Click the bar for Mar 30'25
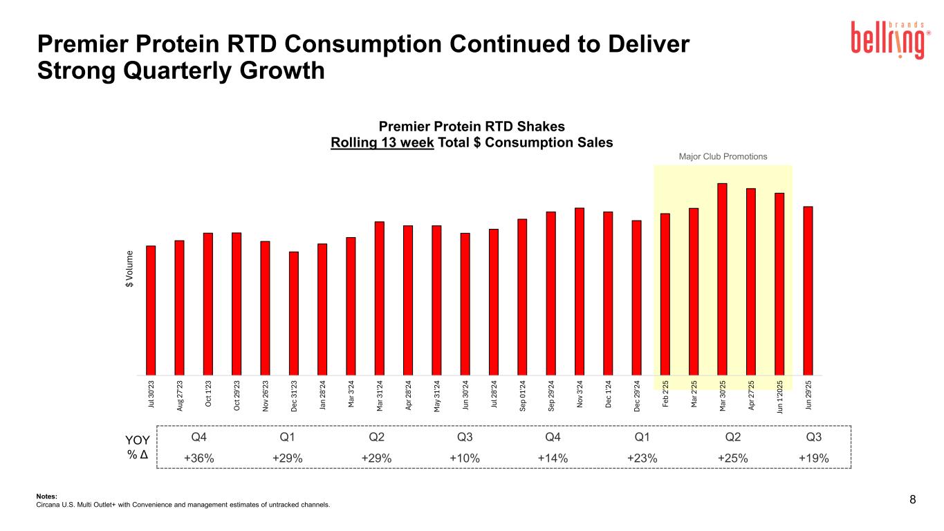[x=722, y=277]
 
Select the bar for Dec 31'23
[x=294, y=311]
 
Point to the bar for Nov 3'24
[x=580, y=290]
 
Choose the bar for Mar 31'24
[x=380, y=297]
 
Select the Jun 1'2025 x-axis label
[x=779, y=395]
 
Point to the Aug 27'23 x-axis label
[x=180, y=395]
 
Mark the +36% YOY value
[x=198, y=458]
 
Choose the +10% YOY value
[x=465, y=458]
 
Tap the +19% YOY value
[x=814, y=458]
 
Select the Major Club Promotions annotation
[x=723, y=156]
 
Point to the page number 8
[x=913, y=500]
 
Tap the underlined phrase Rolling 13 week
[x=383, y=142]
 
